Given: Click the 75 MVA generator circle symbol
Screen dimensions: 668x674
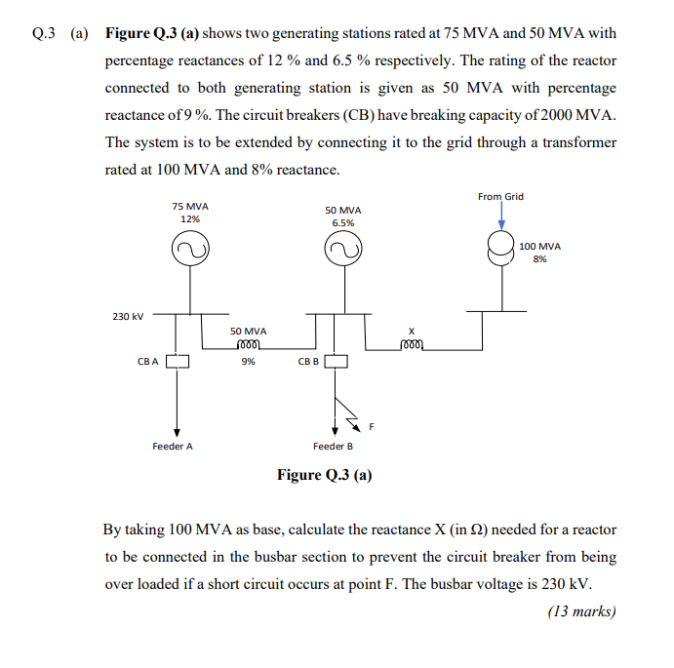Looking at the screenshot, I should click(x=189, y=252).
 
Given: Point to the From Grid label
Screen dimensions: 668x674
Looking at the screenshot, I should click(x=500, y=196).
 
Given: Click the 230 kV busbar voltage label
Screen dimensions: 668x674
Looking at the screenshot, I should click(x=128, y=316).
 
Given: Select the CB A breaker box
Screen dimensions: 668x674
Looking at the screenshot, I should click(x=177, y=362).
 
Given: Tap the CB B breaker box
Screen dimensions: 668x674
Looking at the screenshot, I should click(x=336, y=362).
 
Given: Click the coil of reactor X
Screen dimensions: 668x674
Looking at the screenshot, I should click(x=413, y=345).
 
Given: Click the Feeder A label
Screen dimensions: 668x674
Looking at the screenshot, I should click(x=173, y=446).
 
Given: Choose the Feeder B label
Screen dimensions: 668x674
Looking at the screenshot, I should click(x=333, y=446).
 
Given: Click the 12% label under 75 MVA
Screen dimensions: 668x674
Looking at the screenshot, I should click(x=189, y=218).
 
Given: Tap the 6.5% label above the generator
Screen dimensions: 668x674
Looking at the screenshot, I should click(x=342, y=223).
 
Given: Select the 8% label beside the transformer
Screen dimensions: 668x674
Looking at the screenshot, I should click(x=539, y=259).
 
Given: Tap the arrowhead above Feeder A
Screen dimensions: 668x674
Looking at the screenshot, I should click(x=177, y=431).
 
